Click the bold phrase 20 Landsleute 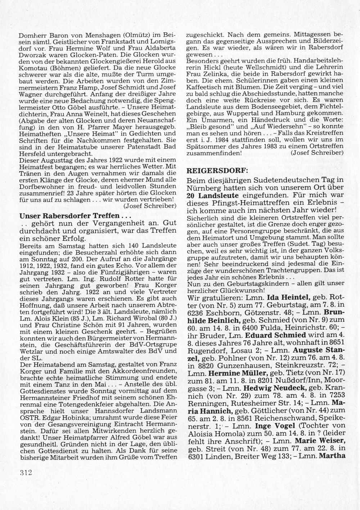click(x=213, y=196)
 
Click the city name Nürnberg click(x=204, y=188)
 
